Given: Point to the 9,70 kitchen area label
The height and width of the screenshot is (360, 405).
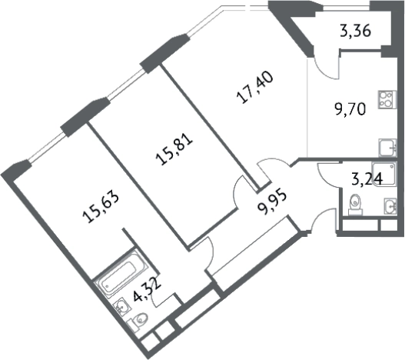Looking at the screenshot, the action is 350,109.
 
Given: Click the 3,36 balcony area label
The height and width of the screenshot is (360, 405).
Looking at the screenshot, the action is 355,31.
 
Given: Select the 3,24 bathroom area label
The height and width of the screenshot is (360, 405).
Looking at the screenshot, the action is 367,179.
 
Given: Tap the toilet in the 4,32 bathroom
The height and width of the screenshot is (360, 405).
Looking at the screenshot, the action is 138,322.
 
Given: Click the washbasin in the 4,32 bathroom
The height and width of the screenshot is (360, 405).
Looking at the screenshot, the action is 123,306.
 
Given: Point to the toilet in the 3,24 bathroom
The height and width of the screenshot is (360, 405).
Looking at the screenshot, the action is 355,205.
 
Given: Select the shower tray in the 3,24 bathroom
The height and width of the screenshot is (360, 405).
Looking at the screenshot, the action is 383,173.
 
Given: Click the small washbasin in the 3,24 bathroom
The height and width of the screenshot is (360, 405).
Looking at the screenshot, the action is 390,206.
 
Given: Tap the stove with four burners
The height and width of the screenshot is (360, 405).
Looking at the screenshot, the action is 387,99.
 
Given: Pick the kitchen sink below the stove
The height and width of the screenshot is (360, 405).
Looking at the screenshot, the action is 387,148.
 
